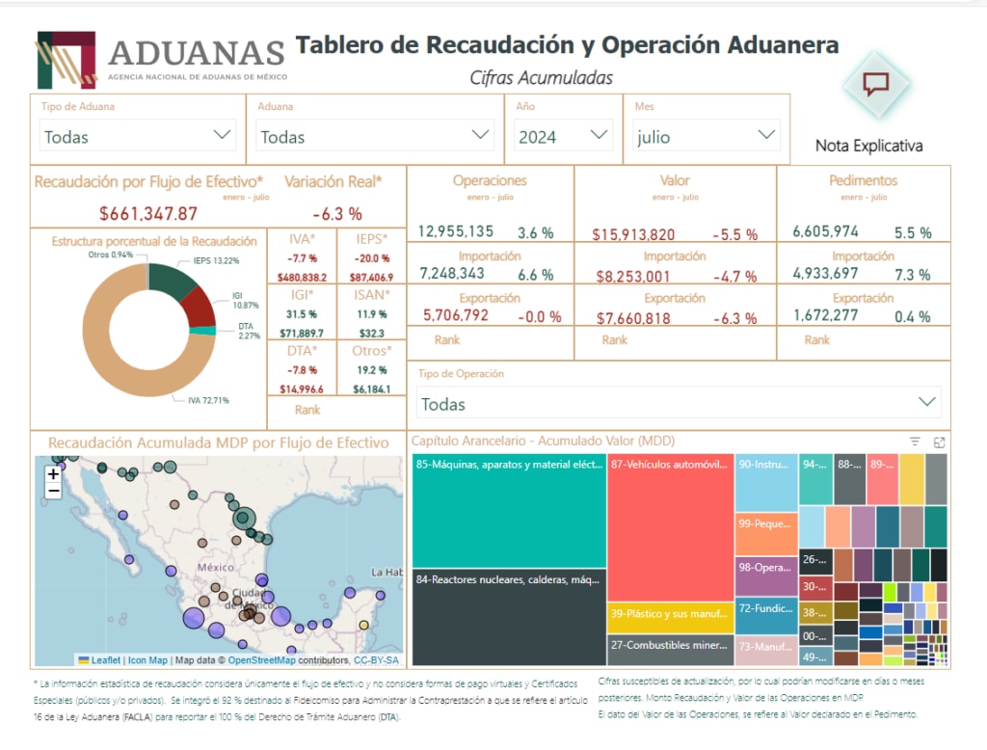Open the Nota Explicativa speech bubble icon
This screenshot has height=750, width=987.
point(875,84)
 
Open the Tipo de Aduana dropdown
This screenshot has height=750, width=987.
point(138,136)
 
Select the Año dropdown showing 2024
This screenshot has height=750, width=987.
point(563,136)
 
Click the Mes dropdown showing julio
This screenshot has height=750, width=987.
point(707,136)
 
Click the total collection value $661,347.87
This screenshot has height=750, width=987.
point(148,213)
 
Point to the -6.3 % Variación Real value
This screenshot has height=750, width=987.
point(336,213)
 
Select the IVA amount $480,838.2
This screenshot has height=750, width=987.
point(302,278)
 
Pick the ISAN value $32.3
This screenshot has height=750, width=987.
point(371,333)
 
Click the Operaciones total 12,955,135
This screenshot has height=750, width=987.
point(456,231)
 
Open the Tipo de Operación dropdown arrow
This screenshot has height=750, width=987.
point(927,402)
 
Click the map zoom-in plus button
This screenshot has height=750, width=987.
point(53,474)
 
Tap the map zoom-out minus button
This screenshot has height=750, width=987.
point(53,492)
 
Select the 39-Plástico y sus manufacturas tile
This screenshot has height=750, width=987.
point(669,613)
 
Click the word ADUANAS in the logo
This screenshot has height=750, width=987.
point(197,52)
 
